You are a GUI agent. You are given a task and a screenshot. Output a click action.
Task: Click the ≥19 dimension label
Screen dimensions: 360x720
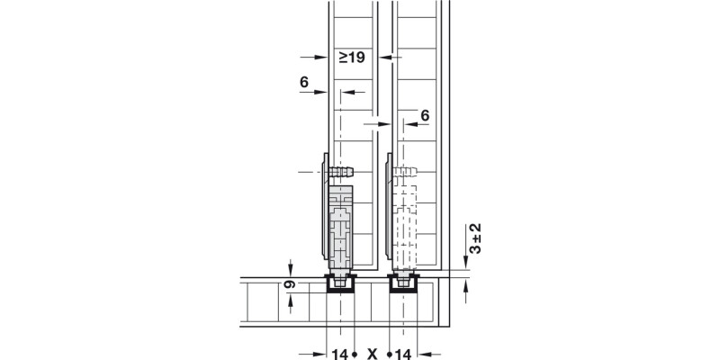[x=351, y=58]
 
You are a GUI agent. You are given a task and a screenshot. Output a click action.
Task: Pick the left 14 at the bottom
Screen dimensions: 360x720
[x=339, y=353]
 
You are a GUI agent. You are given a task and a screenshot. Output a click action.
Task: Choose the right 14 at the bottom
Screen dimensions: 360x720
[x=403, y=353]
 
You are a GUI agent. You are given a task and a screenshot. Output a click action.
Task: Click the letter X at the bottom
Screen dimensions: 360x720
[x=372, y=353]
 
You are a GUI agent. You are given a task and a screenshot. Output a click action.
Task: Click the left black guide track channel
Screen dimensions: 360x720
[x=341, y=285]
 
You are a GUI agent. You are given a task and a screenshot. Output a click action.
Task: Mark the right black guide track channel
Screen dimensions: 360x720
[x=403, y=285]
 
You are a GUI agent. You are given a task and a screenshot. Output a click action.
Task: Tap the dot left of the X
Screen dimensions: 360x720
[x=357, y=353]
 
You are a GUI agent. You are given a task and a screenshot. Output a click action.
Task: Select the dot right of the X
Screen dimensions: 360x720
[x=388, y=353]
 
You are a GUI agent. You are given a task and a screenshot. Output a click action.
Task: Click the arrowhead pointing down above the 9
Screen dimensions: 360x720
[x=291, y=269]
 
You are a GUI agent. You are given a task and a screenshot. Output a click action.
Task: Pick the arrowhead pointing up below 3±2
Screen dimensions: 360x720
[x=465, y=283]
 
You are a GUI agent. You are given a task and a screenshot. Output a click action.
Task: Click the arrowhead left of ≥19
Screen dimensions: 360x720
[x=320, y=58]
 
